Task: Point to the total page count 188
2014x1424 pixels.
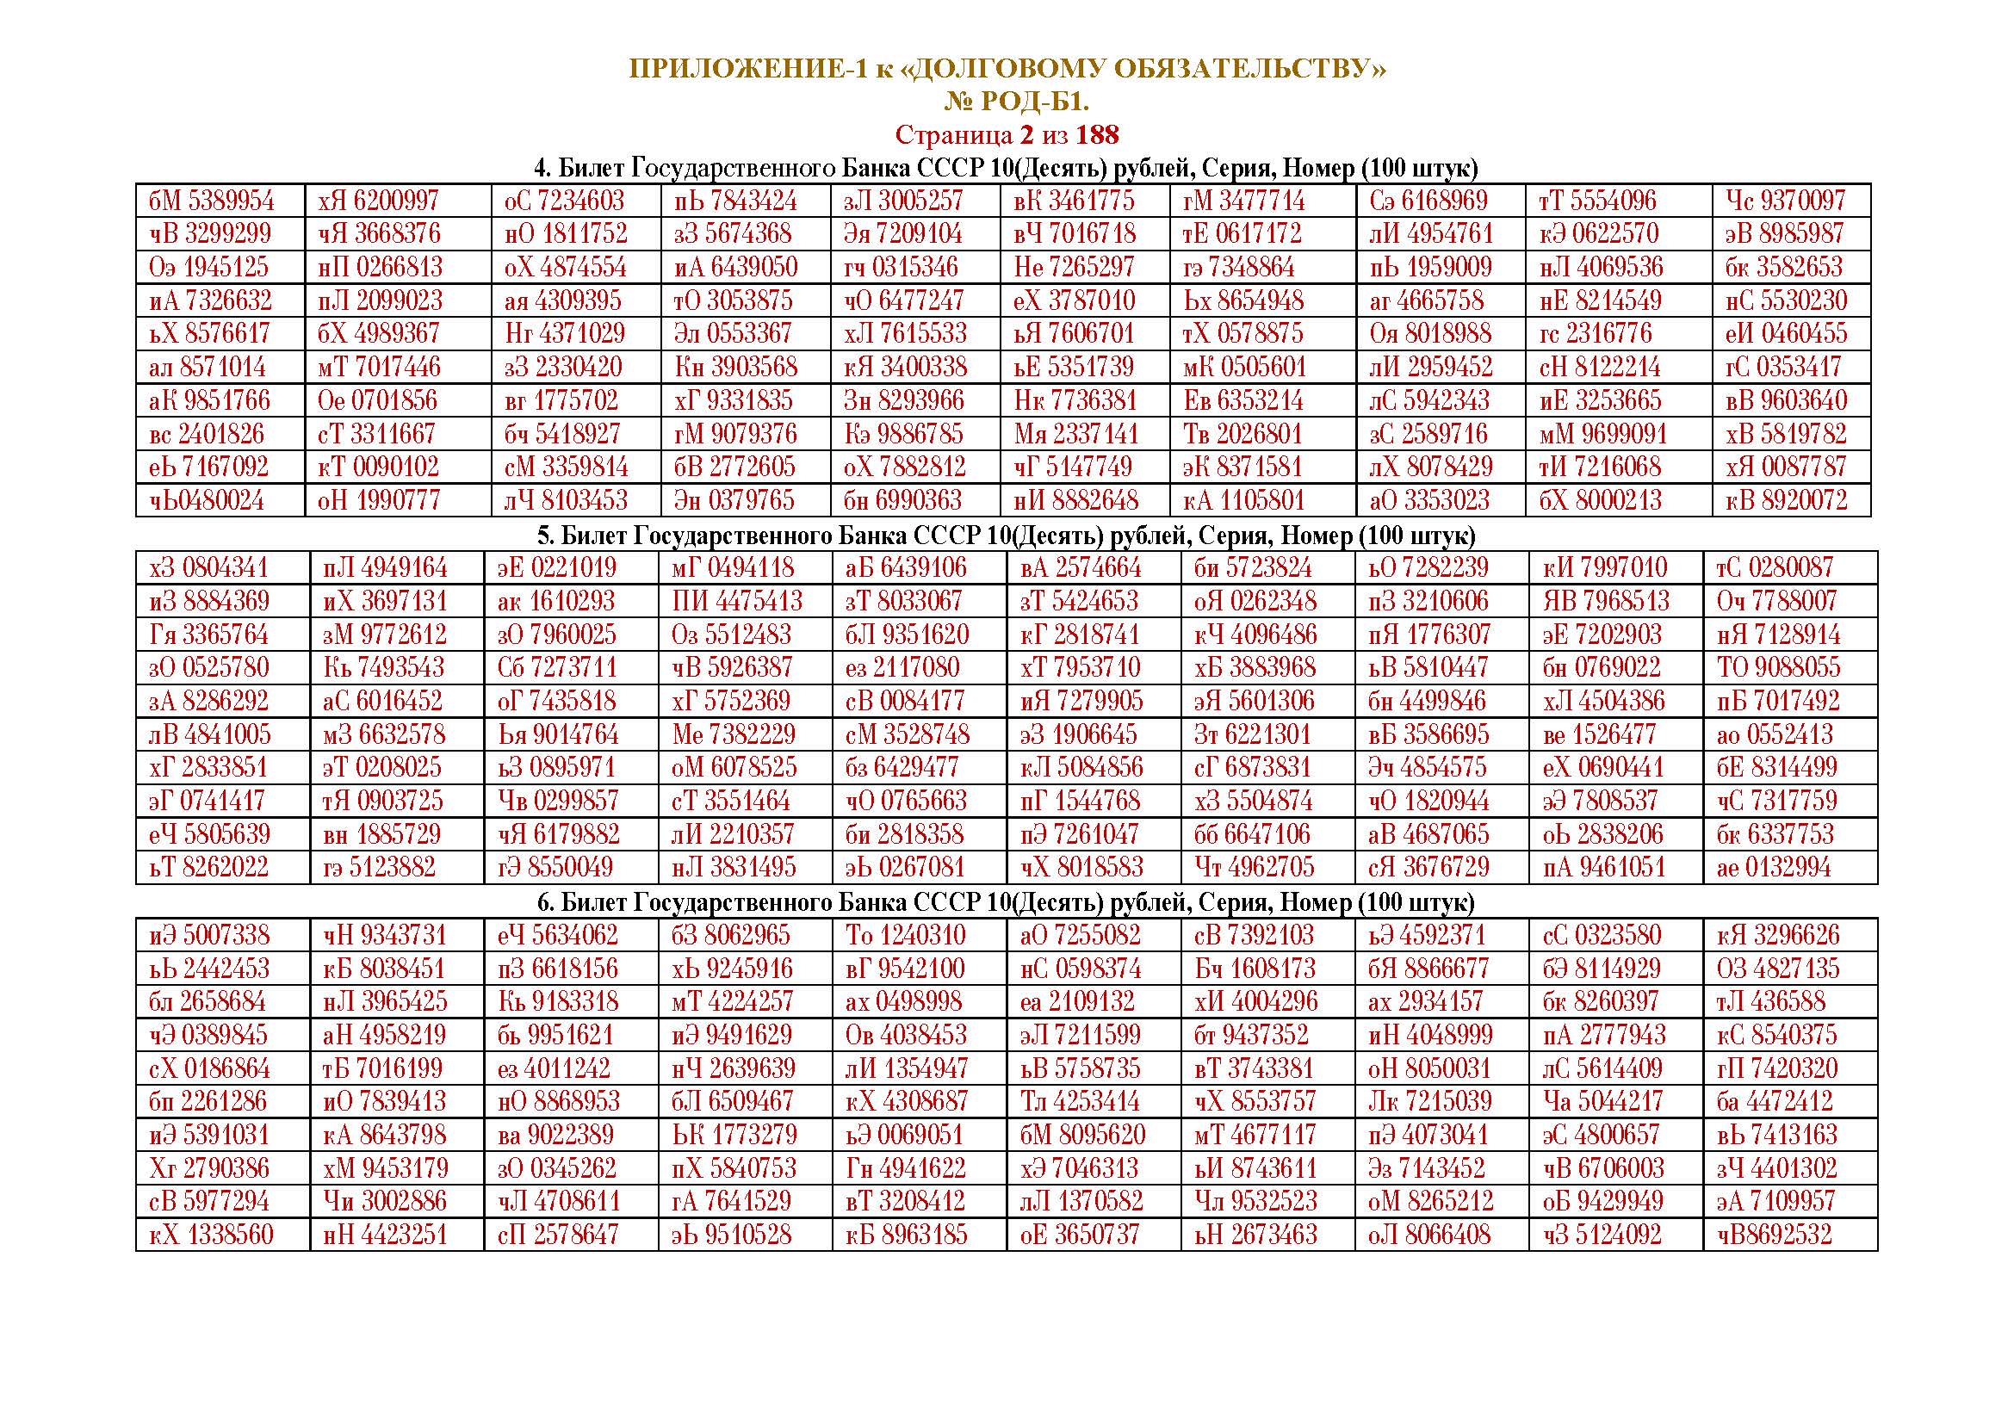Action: pyautogui.click(x=1097, y=135)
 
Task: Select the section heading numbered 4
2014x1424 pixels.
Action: pyautogui.click(x=1005, y=168)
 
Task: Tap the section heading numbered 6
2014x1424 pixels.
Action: pyautogui.click(x=1005, y=901)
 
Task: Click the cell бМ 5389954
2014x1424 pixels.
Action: pyautogui.click(x=212, y=201)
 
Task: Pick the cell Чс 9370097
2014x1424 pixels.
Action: pyautogui.click(x=1785, y=201)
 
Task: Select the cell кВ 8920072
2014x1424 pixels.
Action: pyautogui.click(x=1785, y=501)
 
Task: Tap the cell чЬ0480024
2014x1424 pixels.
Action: pyautogui.click(x=206, y=501)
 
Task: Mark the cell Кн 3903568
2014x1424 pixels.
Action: pyautogui.click(x=736, y=367)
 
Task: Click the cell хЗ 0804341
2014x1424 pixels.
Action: pyautogui.click(x=209, y=567)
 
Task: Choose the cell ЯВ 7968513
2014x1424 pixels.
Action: pyautogui.click(x=1605, y=601)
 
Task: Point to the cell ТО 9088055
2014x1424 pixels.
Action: pyautogui.click(x=1778, y=667)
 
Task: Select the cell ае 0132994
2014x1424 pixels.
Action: pyautogui.click(x=1774, y=867)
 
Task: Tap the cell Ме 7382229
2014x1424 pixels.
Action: pyautogui.click(x=734, y=734)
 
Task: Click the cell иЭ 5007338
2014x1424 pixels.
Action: pyautogui.click(x=209, y=935)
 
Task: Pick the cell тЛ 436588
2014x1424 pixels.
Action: pyautogui.click(x=1770, y=1001)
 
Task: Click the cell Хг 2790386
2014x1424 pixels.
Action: pyautogui.click(x=209, y=1168)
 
